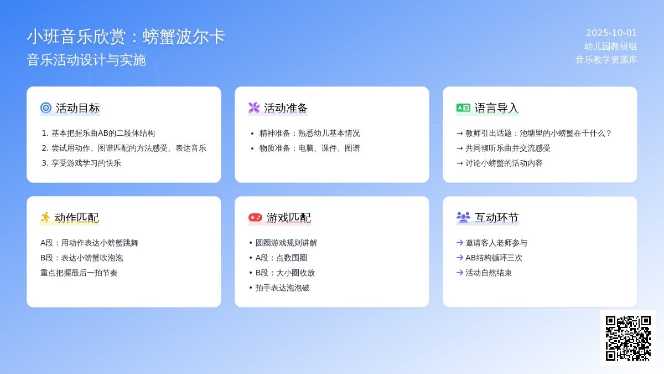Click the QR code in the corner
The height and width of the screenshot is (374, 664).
628,338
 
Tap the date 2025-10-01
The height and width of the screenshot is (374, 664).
611,33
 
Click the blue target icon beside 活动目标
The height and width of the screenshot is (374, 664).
46,107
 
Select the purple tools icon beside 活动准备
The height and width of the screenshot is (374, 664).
254,107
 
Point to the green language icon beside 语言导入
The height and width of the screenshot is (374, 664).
463,107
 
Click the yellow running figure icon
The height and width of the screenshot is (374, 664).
45,217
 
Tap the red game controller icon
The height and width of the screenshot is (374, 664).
255,217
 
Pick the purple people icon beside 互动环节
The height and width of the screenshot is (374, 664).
463,217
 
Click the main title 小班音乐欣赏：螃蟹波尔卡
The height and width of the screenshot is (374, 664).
126,37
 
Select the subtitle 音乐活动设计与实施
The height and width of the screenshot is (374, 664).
86,60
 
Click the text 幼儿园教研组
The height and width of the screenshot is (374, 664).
610,47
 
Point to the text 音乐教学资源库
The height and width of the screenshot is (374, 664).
606,60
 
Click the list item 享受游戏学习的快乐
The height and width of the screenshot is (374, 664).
86,163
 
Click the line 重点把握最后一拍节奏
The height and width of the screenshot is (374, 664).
79,273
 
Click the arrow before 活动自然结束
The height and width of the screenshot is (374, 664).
460,273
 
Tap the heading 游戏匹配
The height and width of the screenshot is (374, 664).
289,218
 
